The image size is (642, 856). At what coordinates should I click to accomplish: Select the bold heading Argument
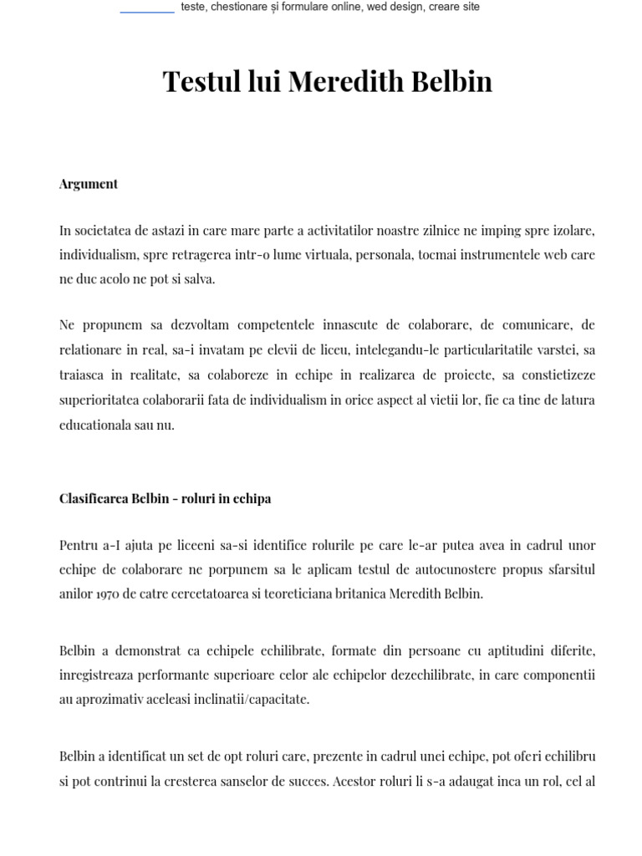pyautogui.click(x=89, y=184)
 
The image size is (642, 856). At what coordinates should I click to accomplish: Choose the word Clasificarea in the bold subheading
pyautogui.click(x=94, y=499)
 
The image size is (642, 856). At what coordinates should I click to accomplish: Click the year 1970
pyautogui.click(x=107, y=595)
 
